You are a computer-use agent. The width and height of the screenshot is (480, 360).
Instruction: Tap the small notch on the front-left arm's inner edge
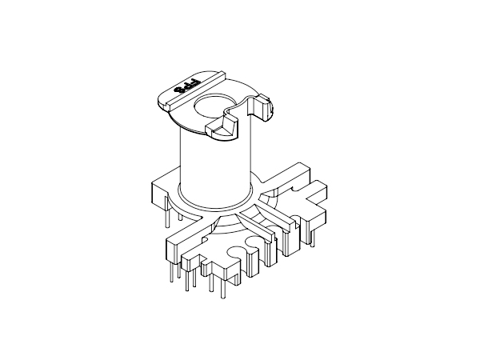(207, 237)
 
